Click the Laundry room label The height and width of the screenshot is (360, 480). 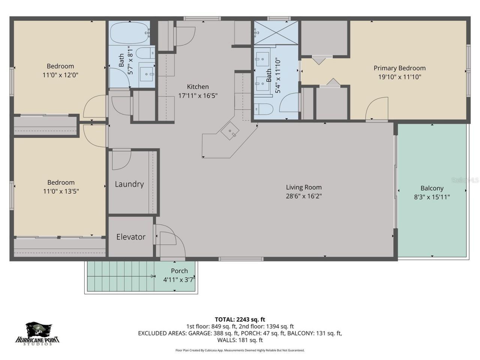[x=129, y=184]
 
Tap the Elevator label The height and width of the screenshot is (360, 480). [x=130, y=237]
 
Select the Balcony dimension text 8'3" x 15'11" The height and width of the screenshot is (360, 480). [x=432, y=197]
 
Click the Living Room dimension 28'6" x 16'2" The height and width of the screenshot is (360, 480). [x=304, y=196]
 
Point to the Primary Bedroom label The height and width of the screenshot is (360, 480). [x=399, y=68]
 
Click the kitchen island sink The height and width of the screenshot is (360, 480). [x=230, y=132]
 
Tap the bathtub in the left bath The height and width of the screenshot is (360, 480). [x=129, y=33]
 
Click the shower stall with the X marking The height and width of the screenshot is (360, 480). [x=276, y=33]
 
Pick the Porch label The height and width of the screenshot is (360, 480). [x=179, y=271]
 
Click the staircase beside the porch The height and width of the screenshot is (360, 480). [x=120, y=276]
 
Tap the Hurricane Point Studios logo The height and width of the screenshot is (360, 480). [x=37, y=334]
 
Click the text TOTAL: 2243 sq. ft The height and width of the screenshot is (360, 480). [x=240, y=319]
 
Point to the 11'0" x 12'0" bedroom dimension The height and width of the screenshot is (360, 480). [x=60, y=75]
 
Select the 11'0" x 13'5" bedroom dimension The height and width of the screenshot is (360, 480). [x=61, y=191]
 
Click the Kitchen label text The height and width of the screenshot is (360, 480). [x=198, y=87]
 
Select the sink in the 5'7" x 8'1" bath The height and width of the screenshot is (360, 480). [x=147, y=73]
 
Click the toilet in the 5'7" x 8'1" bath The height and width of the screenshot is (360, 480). [x=145, y=53]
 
